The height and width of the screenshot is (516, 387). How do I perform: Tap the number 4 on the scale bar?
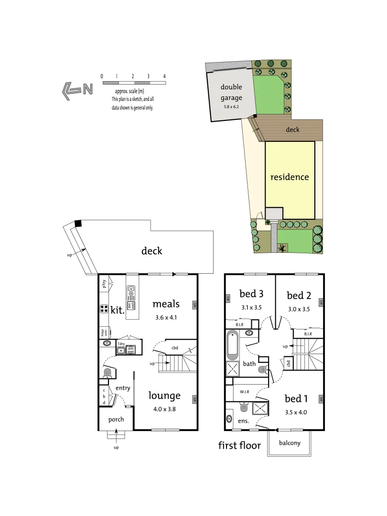tap(164, 76)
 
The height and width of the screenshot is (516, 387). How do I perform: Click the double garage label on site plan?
tap(231, 93)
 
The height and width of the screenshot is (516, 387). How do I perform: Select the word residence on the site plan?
tap(290, 177)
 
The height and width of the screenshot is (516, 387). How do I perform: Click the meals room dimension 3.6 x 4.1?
tap(166, 317)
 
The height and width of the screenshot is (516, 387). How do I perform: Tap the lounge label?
tap(164, 396)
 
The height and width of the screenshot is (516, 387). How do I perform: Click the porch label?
tap(116, 419)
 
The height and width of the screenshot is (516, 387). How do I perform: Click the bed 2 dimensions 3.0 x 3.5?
tap(299, 309)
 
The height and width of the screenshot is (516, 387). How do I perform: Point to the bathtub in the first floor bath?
tap(233, 345)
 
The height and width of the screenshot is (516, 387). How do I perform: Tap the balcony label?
tap(290, 443)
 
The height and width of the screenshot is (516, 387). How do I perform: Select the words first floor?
tap(240, 446)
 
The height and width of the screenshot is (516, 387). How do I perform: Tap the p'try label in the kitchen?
tap(105, 284)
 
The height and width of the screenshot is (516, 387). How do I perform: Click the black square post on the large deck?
tap(78, 224)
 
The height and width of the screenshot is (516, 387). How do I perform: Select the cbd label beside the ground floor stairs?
tap(175, 347)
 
